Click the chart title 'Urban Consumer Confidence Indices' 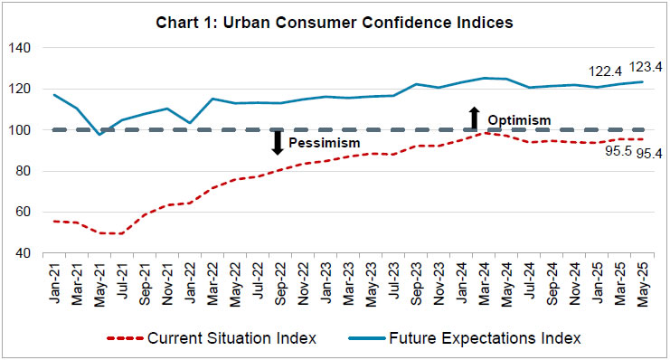point(335,21)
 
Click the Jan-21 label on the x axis point(58,275)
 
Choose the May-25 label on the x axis point(643,275)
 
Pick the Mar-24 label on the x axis point(486,275)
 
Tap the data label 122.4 point(595,70)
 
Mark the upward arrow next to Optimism point(473,117)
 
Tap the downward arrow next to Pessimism point(278,143)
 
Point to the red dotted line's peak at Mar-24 point(486,132)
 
